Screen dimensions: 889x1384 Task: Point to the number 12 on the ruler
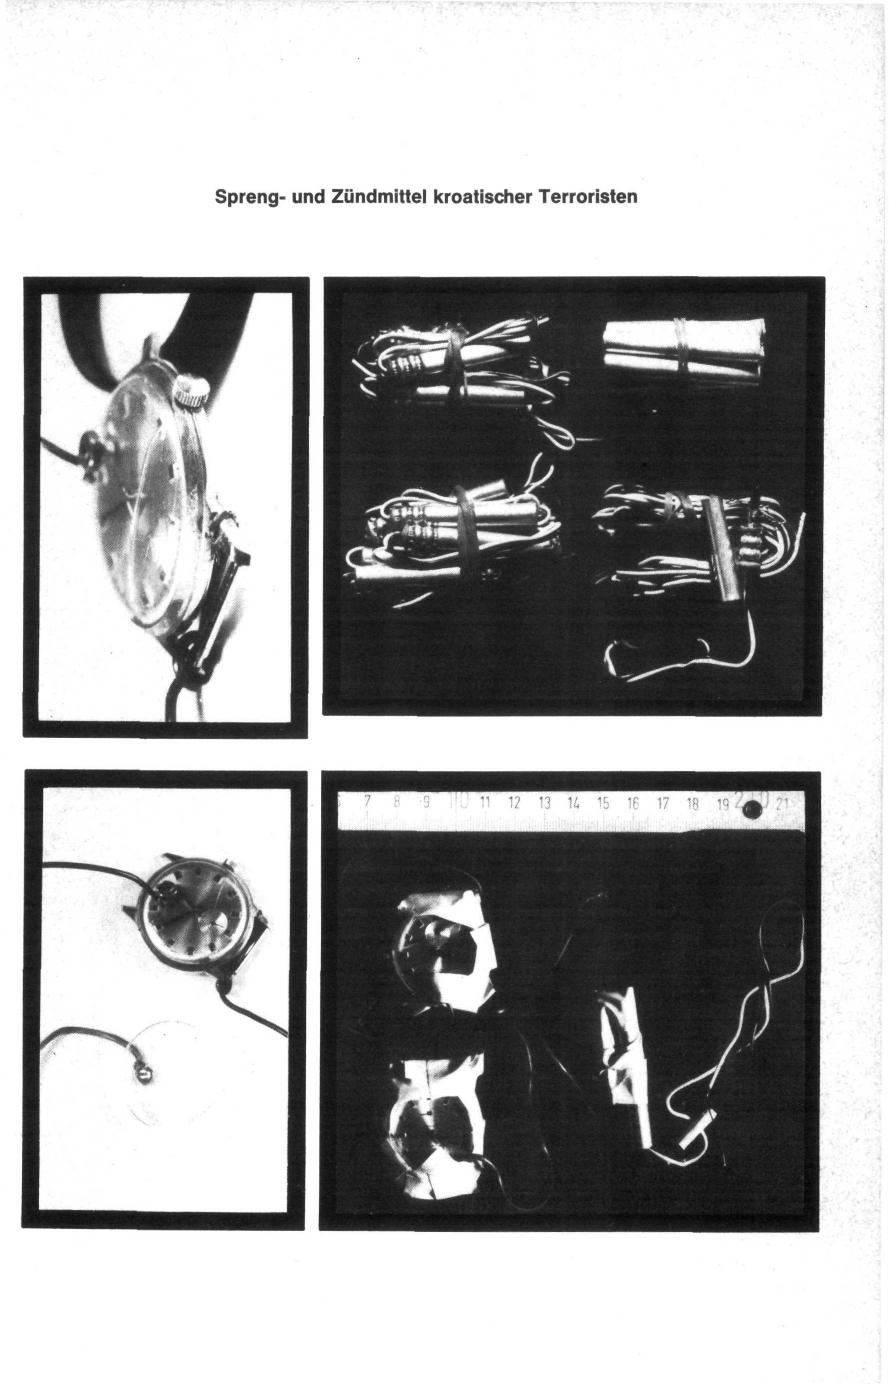point(514,803)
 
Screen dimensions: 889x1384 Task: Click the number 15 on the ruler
point(603,803)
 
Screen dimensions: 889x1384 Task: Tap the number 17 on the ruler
point(663,803)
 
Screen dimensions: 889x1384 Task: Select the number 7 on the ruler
point(367,802)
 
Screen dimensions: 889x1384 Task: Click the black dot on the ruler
point(752,809)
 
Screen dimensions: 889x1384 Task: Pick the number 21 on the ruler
point(783,804)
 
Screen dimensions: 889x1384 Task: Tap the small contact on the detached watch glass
point(144,1077)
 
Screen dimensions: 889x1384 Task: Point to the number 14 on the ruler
point(573,803)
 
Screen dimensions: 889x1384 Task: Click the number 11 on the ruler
point(485,803)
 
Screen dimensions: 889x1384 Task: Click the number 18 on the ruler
point(693,803)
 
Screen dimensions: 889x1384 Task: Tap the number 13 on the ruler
point(544,803)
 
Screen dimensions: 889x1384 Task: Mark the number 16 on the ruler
point(633,803)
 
